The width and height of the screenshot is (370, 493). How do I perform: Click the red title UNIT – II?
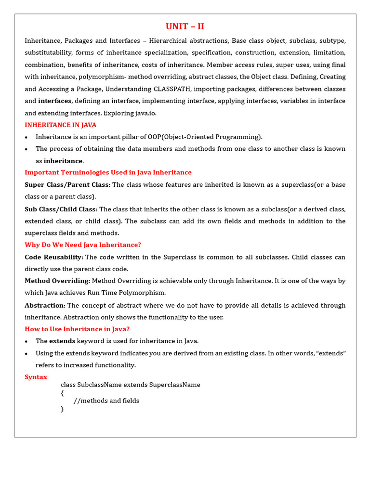tap(185, 26)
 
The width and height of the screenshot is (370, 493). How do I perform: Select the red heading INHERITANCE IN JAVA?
tap(61, 125)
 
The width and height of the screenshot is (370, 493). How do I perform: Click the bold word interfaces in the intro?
tap(55, 101)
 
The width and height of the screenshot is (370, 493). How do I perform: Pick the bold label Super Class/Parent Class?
tap(67, 185)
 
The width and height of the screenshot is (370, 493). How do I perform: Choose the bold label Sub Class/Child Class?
tap(61, 209)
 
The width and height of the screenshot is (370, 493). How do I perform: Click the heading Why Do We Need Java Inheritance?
tap(83, 245)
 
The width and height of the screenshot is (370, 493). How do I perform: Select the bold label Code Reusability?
tap(54, 257)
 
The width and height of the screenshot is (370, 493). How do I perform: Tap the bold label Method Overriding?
tap(57, 281)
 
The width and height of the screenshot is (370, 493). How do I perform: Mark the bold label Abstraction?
tap(45, 305)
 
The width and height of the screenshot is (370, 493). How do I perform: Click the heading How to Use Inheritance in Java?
tap(77, 329)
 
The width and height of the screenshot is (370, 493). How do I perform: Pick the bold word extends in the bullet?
tap(62, 341)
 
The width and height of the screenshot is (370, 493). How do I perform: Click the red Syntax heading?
tap(36, 377)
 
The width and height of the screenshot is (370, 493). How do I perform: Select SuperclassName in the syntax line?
tap(174, 385)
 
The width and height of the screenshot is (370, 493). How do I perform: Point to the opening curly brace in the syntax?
tap(62, 393)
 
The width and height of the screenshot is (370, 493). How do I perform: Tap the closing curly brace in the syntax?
tap(62, 409)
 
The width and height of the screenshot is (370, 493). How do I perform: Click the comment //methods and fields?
tap(106, 401)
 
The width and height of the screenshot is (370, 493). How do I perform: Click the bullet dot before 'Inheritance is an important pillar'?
tap(27, 137)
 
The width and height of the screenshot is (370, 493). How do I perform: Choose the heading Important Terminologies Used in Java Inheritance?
tap(108, 172)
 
